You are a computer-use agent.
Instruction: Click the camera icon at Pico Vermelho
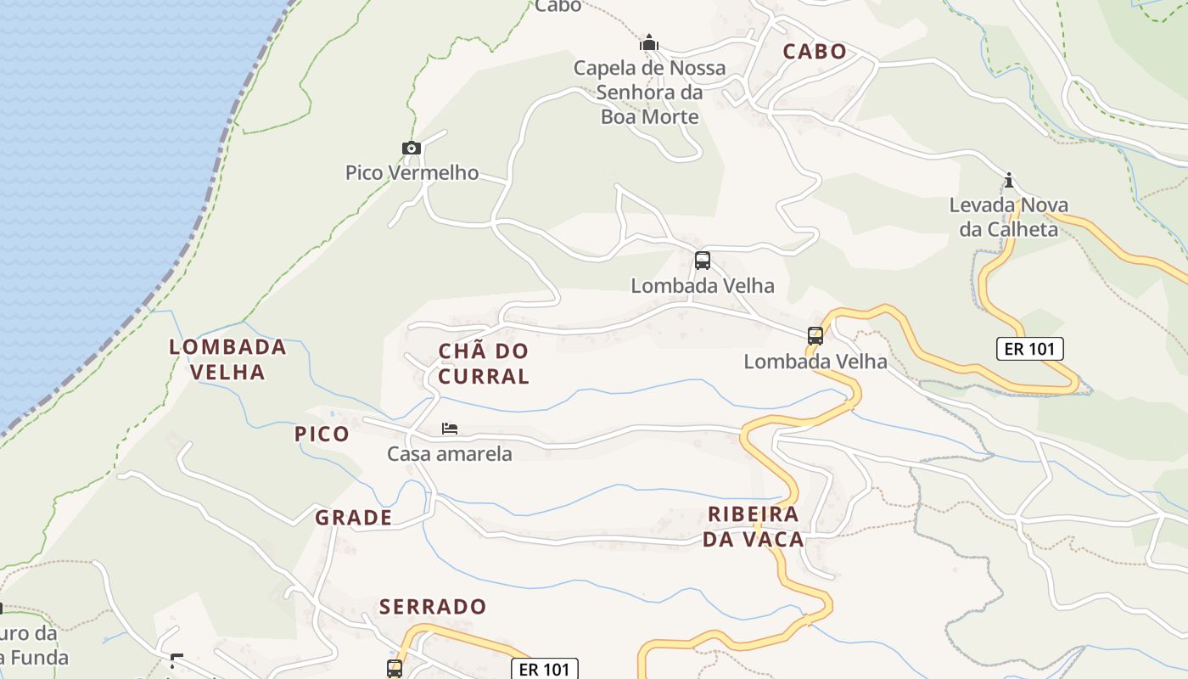(412, 149)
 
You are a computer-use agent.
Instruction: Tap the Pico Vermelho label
(412, 173)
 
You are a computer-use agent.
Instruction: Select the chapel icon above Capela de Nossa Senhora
(649, 42)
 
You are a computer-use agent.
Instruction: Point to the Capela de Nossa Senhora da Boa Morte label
(649, 92)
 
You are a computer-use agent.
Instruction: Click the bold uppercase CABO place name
(815, 52)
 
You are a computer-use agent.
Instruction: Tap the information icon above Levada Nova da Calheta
(1009, 180)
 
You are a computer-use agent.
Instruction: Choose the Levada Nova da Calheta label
(1009, 217)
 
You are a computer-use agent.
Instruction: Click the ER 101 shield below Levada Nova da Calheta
(1029, 349)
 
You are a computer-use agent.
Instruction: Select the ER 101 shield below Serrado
(544, 670)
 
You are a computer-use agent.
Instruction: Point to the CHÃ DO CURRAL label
(484, 363)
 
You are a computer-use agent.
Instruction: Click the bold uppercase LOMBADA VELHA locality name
(227, 359)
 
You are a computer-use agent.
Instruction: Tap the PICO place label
(322, 435)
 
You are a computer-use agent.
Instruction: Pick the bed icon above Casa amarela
(450, 429)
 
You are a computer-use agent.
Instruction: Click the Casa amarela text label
(450, 454)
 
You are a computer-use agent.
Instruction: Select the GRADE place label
(354, 518)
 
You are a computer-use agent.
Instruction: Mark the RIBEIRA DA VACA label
(754, 527)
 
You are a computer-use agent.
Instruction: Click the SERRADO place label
(433, 607)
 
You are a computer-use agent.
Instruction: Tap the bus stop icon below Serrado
(395, 668)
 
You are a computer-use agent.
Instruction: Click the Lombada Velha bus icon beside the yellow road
(815, 335)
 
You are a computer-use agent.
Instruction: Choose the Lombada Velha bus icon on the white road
(703, 261)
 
